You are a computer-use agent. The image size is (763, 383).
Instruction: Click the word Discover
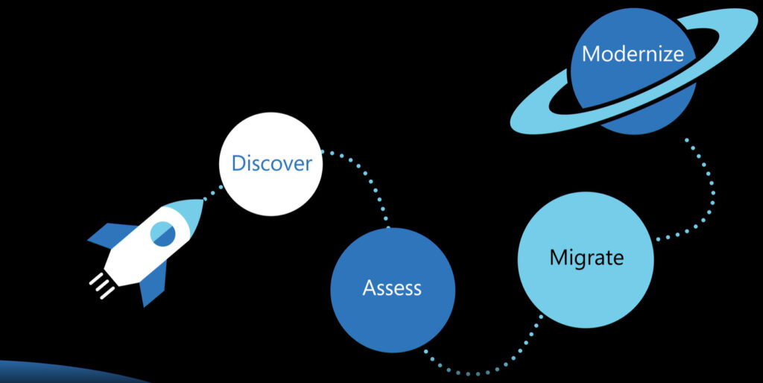[271, 163]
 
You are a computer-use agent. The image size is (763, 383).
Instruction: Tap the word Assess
[392, 288]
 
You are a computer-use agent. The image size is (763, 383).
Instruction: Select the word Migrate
[586, 258]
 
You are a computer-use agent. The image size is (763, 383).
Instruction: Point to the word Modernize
[633, 54]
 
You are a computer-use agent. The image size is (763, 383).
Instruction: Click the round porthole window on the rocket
[163, 234]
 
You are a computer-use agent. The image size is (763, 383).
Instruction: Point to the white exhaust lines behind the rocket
[100, 286]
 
